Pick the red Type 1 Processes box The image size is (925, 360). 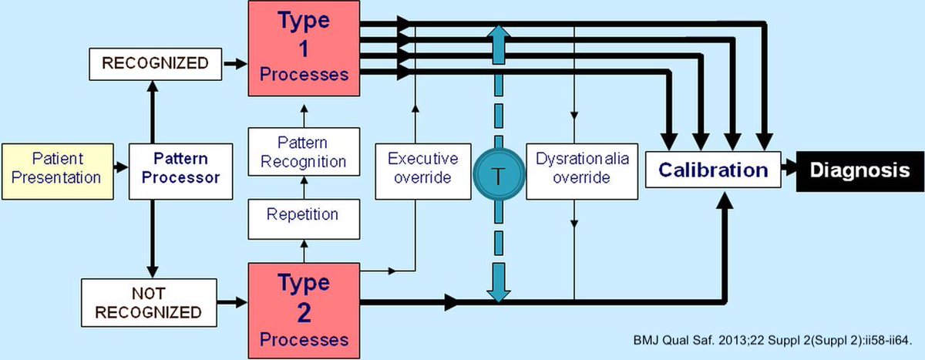point(304,49)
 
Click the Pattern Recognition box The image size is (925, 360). point(303,152)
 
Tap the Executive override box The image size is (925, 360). point(422,168)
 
